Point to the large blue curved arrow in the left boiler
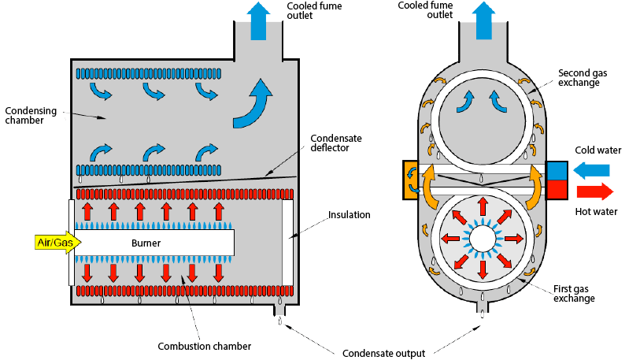[254, 106]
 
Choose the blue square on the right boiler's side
[557, 170]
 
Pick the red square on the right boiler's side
[557, 189]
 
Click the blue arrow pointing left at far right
[591, 169]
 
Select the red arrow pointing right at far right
[594, 191]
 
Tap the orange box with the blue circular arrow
[412, 179]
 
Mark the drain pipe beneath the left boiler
[279, 310]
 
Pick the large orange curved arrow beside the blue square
[537, 181]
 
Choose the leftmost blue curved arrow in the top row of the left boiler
[101, 94]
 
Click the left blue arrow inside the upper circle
[469, 100]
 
